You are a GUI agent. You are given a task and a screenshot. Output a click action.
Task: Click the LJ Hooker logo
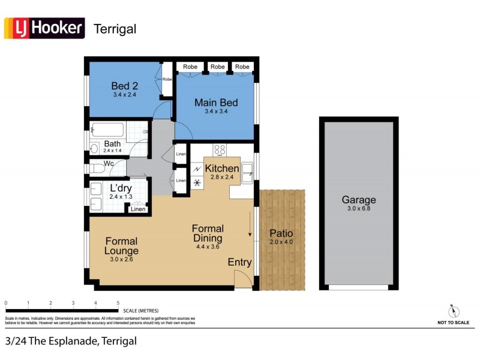point(44,28)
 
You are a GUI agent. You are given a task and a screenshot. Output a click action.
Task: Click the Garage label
point(359,200)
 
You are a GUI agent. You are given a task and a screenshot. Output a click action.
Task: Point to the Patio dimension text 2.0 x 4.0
point(281,242)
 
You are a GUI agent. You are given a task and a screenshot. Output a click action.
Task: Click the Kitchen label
point(222,169)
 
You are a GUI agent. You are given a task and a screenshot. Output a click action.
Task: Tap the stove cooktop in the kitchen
point(220,151)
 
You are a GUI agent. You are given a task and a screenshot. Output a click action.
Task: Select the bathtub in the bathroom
point(107,130)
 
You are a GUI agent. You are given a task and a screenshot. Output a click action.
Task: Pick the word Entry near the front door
point(239,262)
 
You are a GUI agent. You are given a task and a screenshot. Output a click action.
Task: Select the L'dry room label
point(121,188)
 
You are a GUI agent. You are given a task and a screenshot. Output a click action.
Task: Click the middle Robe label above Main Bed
point(218,67)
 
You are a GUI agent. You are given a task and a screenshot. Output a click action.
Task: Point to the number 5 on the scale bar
point(118,303)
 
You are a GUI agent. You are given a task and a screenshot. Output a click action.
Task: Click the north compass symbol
point(454,311)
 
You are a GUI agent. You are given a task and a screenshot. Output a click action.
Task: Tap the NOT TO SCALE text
point(453,323)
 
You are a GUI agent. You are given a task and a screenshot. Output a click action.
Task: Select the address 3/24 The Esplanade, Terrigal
point(71,341)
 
